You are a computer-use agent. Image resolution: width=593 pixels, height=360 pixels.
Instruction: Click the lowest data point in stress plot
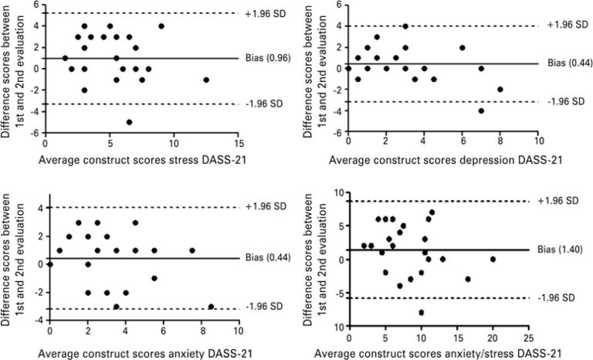tap(129, 122)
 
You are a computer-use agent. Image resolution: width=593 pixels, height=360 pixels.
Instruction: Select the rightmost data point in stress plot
tap(206, 80)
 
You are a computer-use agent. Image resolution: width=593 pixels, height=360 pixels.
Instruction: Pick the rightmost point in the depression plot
tap(500, 90)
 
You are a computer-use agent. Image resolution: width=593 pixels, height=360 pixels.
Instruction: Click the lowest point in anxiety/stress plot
tap(422, 313)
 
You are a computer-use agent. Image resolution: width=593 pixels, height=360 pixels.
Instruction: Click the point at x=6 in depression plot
tap(462, 47)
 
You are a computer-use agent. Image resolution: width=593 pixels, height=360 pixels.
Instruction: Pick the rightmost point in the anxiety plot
tap(211, 307)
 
